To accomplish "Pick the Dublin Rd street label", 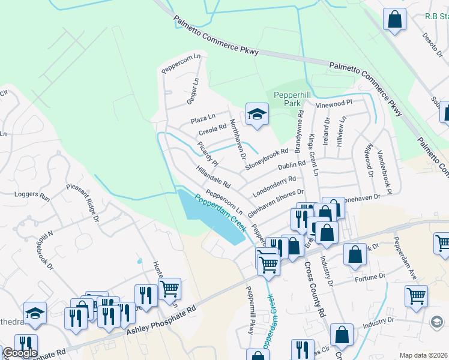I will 292,165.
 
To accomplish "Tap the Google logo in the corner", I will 19,353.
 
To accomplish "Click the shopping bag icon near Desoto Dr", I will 396,19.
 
